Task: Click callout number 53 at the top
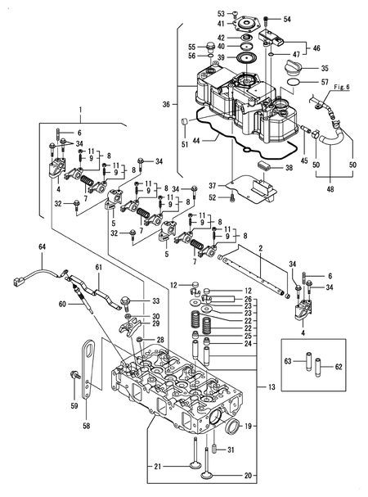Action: [221, 14]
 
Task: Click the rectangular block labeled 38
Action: [264, 167]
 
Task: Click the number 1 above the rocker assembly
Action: [80, 110]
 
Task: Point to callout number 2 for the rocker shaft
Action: [259, 247]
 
